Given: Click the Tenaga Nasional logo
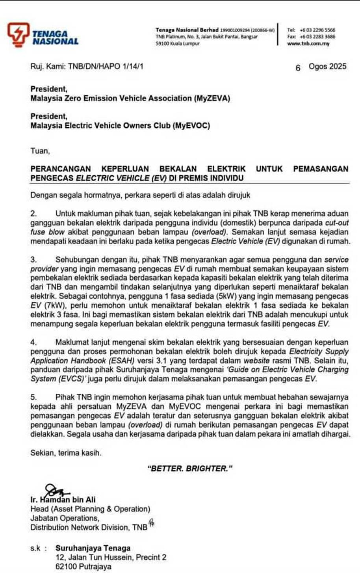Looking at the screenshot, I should click(x=43, y=35).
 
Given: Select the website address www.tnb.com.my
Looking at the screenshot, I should click(x=308, y=44).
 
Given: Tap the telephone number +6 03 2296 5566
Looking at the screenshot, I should click(x=317, y=30).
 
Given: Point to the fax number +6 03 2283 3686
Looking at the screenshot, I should click(x=317, y=37).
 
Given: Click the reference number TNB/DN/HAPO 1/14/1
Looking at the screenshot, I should click(x=106, y=66).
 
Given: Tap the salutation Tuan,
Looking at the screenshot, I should click(x=40, y=151).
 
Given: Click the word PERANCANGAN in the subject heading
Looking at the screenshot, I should click(x=61, y=169).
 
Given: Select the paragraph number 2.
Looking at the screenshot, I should click(x=33, y=214).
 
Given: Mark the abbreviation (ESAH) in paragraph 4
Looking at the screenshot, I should click(x=122, y=361).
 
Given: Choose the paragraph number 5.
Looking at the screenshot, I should click(x=33, y=397).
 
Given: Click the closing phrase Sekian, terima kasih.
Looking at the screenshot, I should click(x=66, y=453).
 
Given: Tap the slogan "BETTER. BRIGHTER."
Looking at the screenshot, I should click(x=189, y=469).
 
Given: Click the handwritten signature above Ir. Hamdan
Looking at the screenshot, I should click(x=55, y=491).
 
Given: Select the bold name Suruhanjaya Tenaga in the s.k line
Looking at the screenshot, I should click(x=93, y=548).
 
